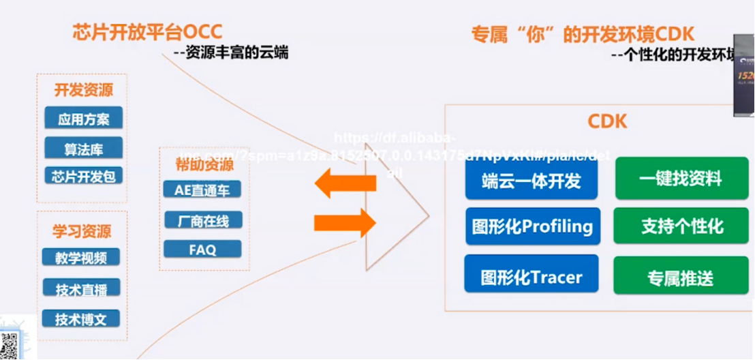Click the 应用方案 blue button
[x=83, y=119]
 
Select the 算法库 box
[x=83, y=148]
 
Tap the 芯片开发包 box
[x=83, y=176]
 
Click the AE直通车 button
[x=202, y=191]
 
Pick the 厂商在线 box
[x=202, y=220]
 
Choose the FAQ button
[x=202, y=249]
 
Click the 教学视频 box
[x=81, y=258]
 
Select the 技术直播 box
[x=81, y=288]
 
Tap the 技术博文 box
[x=81, y=318]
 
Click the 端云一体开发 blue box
[x=531, y=180]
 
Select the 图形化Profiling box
[x=532, y=226]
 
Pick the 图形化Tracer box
[x=531, y=277]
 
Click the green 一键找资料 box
[x=681, y=179]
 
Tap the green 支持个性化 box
[x=681, y=226]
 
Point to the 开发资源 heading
[x=83, y=90]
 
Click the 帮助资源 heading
[x=204, y=164]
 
